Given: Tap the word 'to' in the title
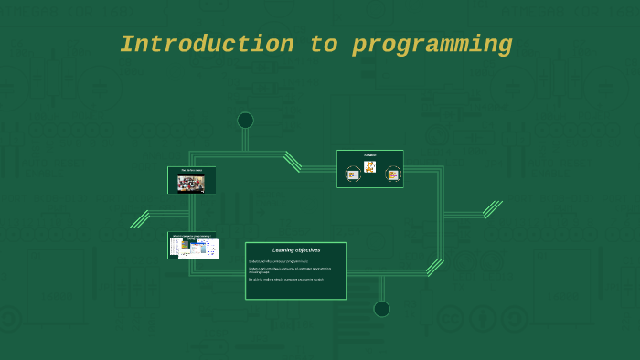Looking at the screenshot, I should point(324,44).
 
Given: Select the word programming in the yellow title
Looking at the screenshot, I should point(432,44).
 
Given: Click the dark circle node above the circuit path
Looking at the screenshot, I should point(245,121).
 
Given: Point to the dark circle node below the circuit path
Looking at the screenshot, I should point(381,309).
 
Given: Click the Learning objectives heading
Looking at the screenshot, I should point(295,249).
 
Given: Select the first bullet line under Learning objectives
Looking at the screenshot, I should point(279,261).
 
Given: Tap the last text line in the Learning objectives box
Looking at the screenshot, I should point(286,279).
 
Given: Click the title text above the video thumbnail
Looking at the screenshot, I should point(192,171).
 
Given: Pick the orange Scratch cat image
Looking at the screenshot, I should point(369,166).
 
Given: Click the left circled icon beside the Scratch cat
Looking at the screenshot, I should point(353,174).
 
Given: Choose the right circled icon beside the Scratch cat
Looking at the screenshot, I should point(393,174).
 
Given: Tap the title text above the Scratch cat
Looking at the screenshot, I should point(369,154).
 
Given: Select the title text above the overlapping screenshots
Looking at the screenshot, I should point(193,236).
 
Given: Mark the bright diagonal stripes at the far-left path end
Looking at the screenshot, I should point(140,219).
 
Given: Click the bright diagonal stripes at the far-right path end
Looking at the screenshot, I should point(493,209).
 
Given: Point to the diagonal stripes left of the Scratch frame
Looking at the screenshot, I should point(293,162).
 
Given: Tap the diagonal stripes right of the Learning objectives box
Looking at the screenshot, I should point(434,267).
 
